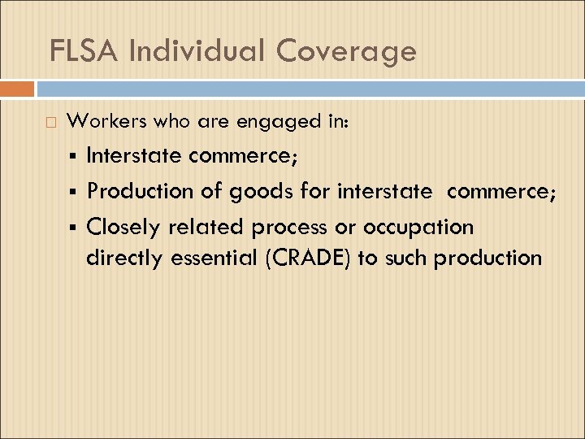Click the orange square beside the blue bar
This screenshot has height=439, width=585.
coord(17,89)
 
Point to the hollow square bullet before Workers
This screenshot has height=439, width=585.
coord(52,123)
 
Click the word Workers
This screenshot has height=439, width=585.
coord(106,122)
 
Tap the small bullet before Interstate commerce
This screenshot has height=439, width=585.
coord(74,155)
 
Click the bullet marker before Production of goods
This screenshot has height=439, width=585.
coord(74,191)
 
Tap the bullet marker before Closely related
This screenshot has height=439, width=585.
coord(74,226)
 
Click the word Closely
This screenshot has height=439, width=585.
coord(125,226)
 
